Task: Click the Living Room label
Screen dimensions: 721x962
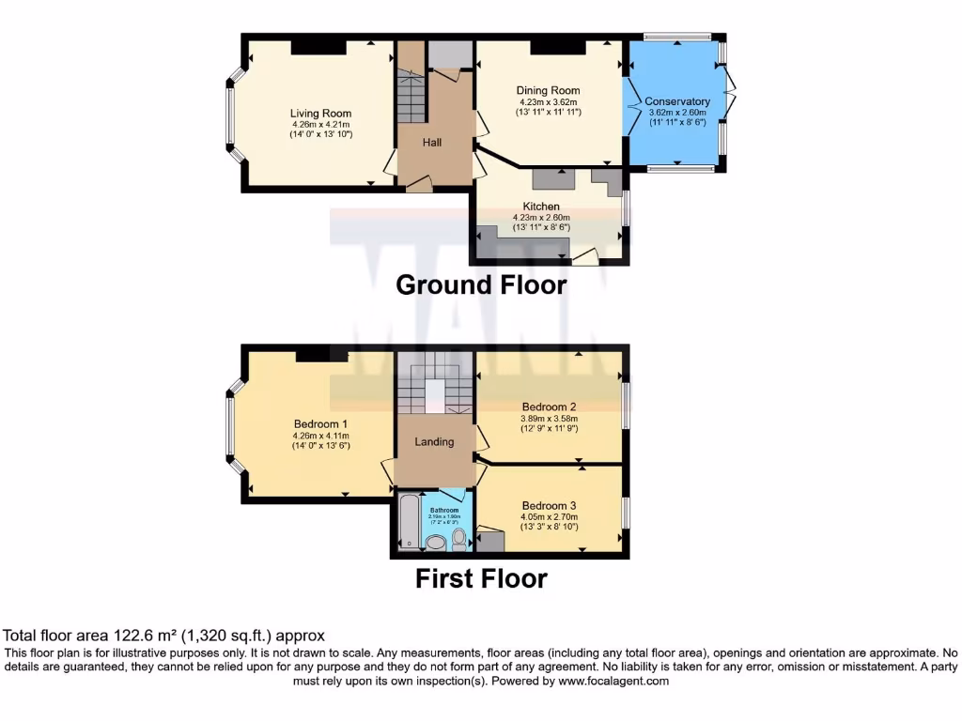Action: pos(320,114)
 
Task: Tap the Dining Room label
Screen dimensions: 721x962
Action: pos(548,91)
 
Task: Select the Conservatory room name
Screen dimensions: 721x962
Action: pos(677,101)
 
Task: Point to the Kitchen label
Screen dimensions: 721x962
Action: pos(541,207)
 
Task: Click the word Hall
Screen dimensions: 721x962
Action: pos(432,143)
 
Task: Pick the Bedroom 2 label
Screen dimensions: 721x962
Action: pos(550,407)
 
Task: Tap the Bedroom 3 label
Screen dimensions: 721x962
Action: pos(550,505)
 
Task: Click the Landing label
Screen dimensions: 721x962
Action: pos(434,441)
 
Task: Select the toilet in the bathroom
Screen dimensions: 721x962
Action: pos(459,537)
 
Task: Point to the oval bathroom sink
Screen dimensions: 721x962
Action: pos(436,542)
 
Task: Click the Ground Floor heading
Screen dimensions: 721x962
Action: pos(481,284)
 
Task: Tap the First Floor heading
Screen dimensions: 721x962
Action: pos(481,578)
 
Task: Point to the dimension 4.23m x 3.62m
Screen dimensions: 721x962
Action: pos(548,102)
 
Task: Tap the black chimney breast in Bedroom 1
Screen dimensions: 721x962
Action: pos(313,353)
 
